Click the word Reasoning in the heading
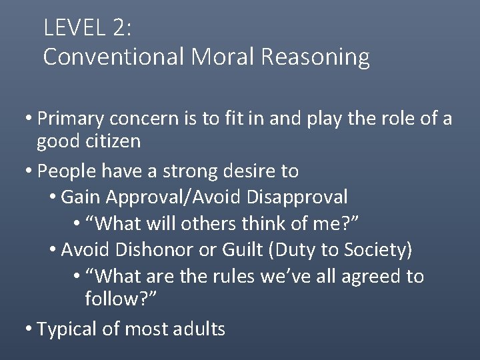tap(315, 57)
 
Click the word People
tap(65, 171)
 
